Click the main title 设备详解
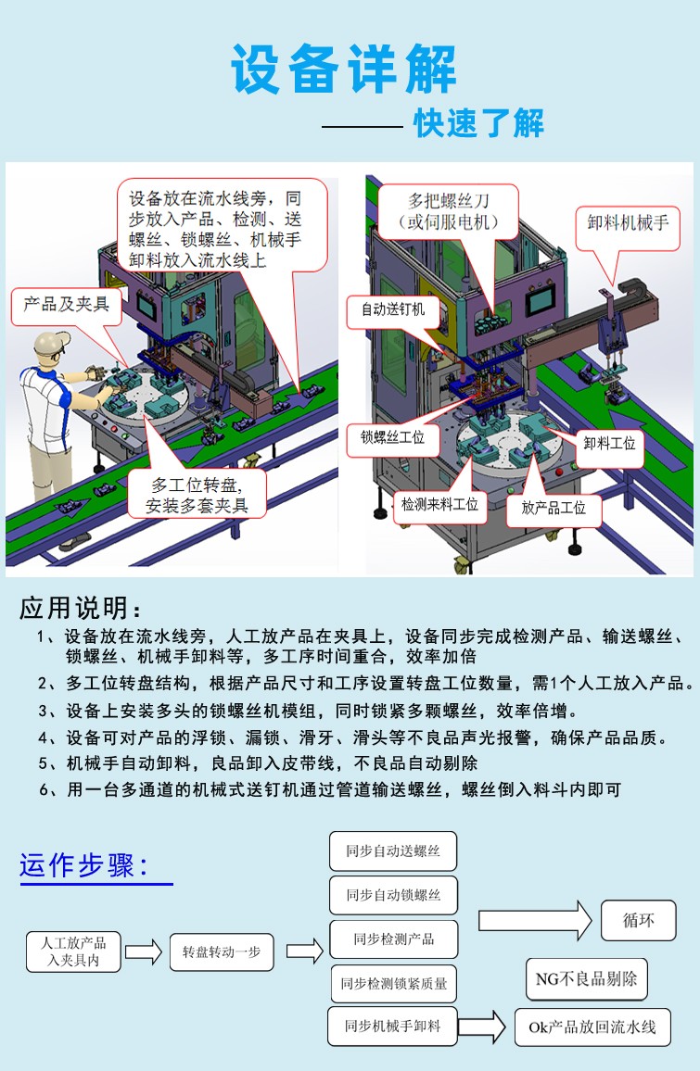tap(344, 69)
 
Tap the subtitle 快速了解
tap(478, 123)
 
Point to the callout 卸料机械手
tap(628, 223)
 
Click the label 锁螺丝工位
tap(393, 436)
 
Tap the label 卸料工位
tap(610, 443)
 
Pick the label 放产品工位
tap(554, 508)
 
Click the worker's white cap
tap(49, 345)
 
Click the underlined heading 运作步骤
tap(84, 866)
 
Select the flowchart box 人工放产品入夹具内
tap(73, 951)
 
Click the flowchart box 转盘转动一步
tap(222, 952)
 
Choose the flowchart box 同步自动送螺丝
tap(393, 850)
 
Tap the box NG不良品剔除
tap(587, 979)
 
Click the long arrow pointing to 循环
tap(535, 921)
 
